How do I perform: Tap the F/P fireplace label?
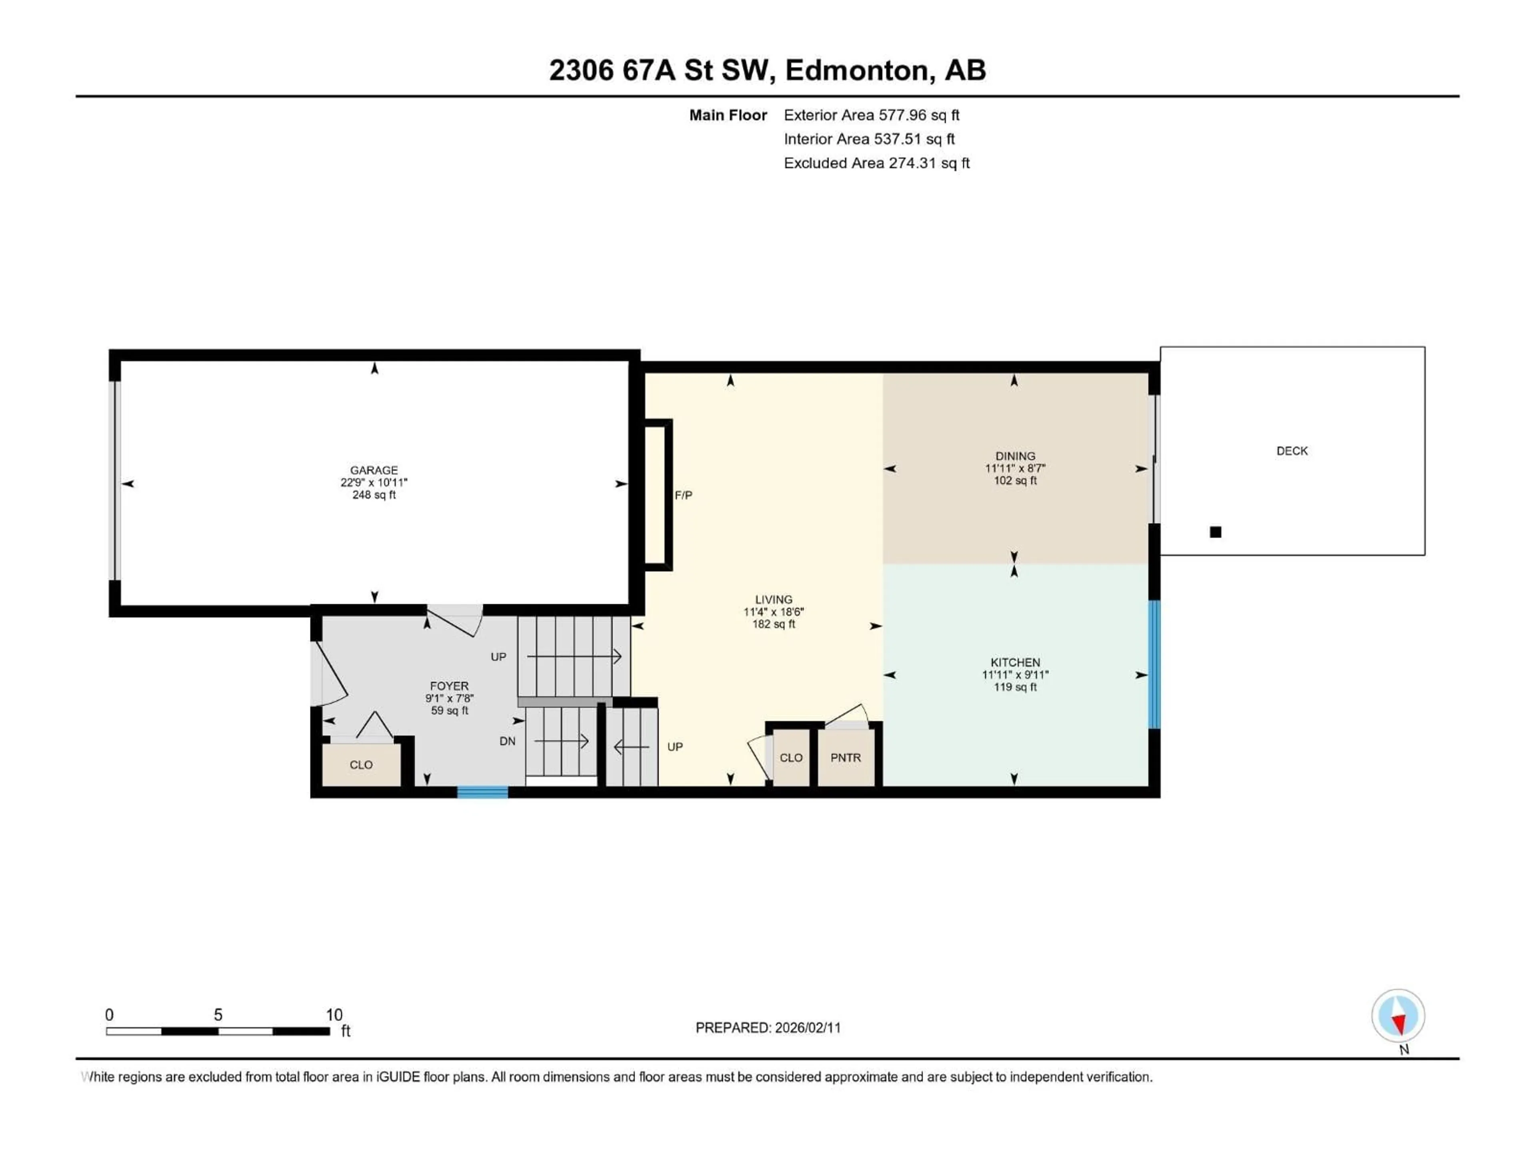click(x=683, y=495)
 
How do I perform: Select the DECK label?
click(x=1292, y=451)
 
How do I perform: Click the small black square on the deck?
click(x=1215, y=532)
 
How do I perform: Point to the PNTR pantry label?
click(x=845, y=758)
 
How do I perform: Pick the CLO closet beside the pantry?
click(x=790, y=758)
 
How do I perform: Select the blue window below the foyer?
click(x=482, y=792)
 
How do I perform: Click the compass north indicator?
click(x=1398, y=1016)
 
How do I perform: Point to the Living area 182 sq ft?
click(x=774, y=624)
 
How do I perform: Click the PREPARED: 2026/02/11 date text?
click(x=768, y=1028)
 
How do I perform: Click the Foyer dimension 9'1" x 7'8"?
click(x=449, y=698)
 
